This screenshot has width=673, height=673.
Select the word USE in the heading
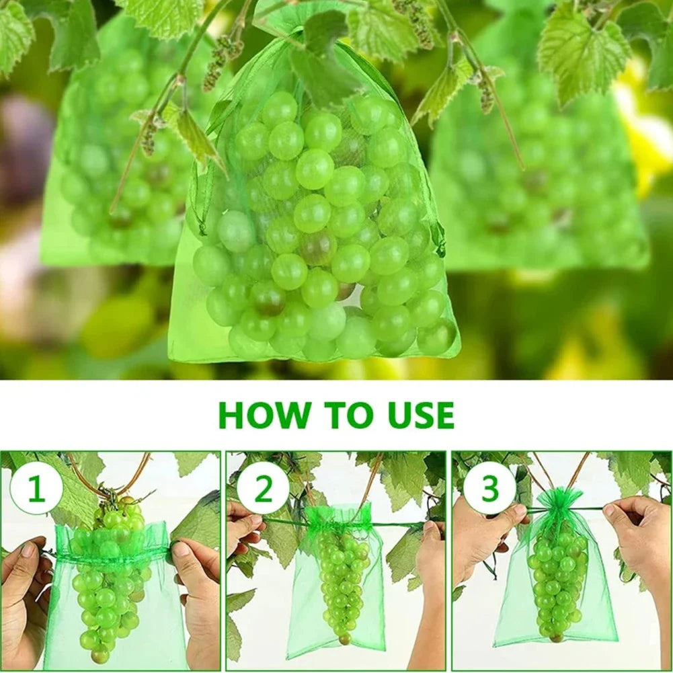point(418,415)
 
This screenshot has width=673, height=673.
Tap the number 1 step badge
point(36,489)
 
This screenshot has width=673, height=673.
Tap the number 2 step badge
point(263,489)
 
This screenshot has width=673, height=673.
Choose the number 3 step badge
point(489,489)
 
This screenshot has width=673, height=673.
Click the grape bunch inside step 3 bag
point(557,582)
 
